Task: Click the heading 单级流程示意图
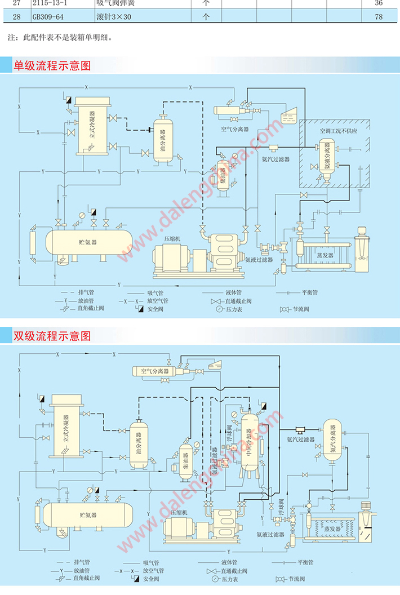(x=52, y=65)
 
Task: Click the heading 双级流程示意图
(x=52, y=336)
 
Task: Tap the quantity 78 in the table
(x=379, y=17)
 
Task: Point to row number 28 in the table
(x=16, y=17)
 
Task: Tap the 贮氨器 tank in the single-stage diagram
(x=87, y=242)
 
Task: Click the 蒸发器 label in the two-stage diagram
(x=333, y=529)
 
